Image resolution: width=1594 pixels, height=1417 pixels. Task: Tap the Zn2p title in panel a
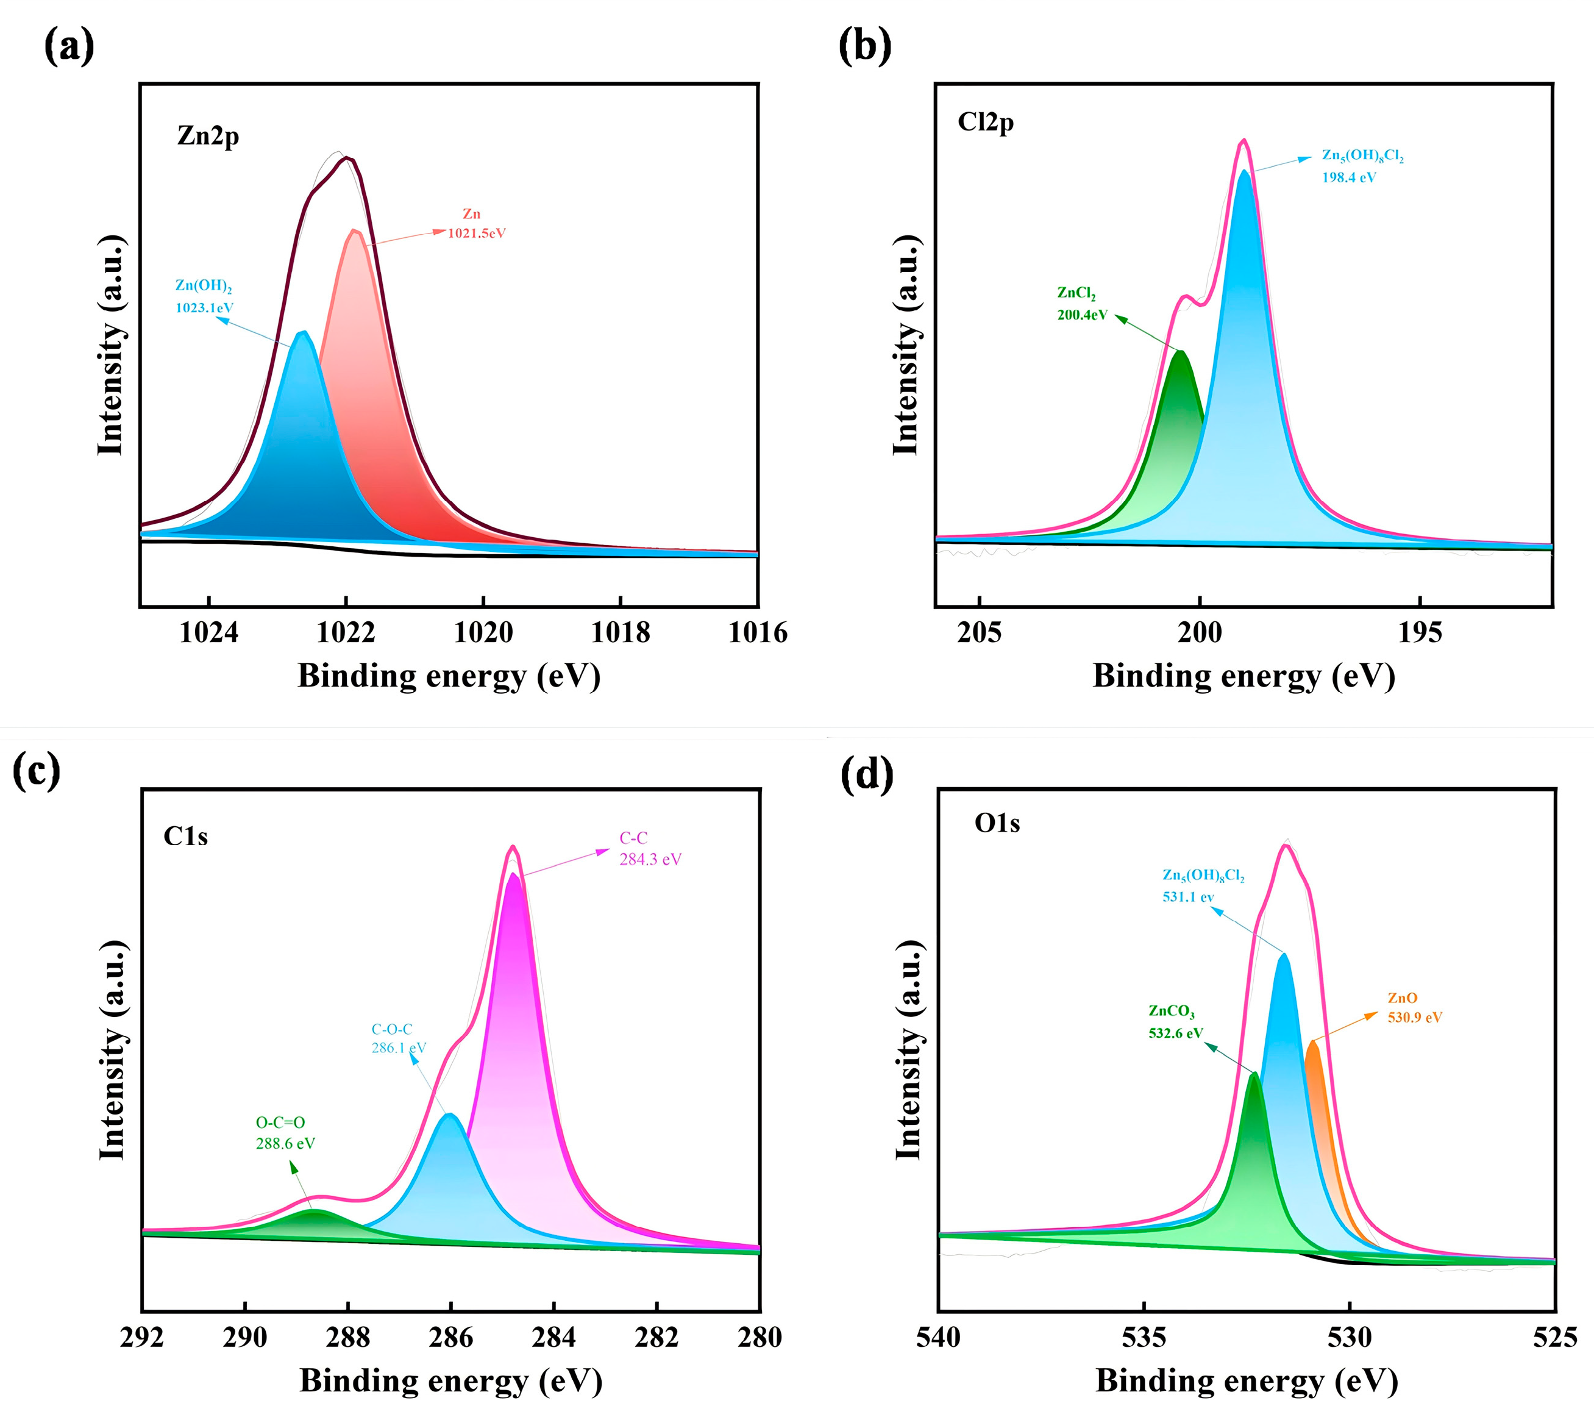207,136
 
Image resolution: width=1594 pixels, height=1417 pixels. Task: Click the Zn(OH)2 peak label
203,285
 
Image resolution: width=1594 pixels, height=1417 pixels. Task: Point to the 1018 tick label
620,632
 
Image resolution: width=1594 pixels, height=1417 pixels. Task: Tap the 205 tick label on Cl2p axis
979,632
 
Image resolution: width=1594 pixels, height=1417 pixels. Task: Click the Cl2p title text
985,123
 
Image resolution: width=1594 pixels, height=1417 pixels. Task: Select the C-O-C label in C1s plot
391,1029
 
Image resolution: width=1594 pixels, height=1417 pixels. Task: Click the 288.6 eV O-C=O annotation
285,1143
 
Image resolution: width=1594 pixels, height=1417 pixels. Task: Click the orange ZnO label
1402,998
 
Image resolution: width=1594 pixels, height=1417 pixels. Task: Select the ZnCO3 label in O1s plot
1172,1011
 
